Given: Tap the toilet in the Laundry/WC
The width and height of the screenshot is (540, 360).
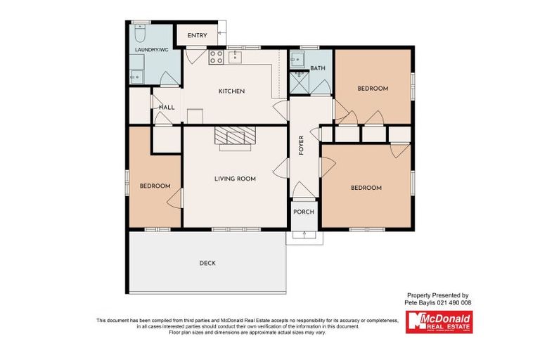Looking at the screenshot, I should tap(139, 34).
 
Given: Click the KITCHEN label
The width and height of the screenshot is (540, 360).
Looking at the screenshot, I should tap(231, 91).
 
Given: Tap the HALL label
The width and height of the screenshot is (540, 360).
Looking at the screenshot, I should tap(167, 107).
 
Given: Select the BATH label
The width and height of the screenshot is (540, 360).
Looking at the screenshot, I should tap(318, 68).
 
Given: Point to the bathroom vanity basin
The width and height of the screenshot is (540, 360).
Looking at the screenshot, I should tap(298, 58).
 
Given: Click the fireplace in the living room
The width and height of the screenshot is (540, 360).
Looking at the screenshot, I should tap(234, 137).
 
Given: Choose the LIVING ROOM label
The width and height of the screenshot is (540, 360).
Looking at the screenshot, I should tap(235, 179).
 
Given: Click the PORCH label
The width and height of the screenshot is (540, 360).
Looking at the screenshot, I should tap(304, 212).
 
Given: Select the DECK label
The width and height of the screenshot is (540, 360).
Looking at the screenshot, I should tap(207, 263).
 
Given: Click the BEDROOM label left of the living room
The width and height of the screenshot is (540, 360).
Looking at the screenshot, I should tap(155, 186).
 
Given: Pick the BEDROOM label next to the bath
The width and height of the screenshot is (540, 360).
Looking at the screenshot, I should tap(373, 88).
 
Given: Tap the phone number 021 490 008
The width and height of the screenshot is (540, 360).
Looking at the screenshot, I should tap(454, 302).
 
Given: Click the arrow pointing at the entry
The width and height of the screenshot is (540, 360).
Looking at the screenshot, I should tap(220, 33).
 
